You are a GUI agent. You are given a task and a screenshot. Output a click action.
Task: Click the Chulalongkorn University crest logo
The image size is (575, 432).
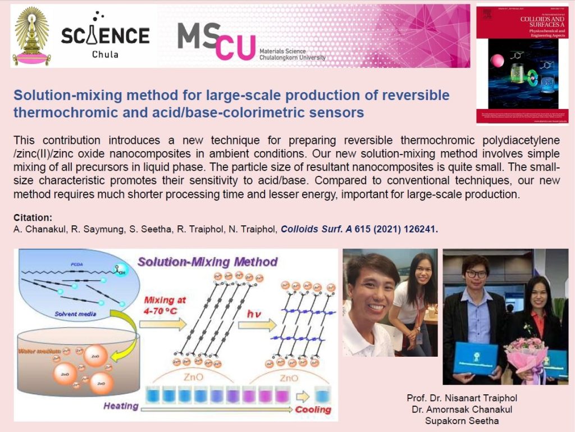(x=31, y=35)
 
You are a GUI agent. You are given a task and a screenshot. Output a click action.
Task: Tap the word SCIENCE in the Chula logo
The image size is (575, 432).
(x=105, y=35)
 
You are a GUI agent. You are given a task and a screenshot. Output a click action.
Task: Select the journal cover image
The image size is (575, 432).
(x=522, y=65)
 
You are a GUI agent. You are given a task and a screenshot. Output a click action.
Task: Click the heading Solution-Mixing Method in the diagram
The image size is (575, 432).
(x=207, y=262)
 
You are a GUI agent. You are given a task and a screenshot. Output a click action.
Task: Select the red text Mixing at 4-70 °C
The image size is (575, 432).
(x=166, y=304)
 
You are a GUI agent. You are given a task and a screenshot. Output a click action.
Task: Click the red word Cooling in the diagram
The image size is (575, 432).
(x=313, y=410)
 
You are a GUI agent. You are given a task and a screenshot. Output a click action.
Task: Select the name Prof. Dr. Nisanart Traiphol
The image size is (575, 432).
(x=462, y=398)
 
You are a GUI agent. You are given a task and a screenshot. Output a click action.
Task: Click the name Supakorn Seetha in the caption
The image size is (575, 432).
(x=462, y=420)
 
